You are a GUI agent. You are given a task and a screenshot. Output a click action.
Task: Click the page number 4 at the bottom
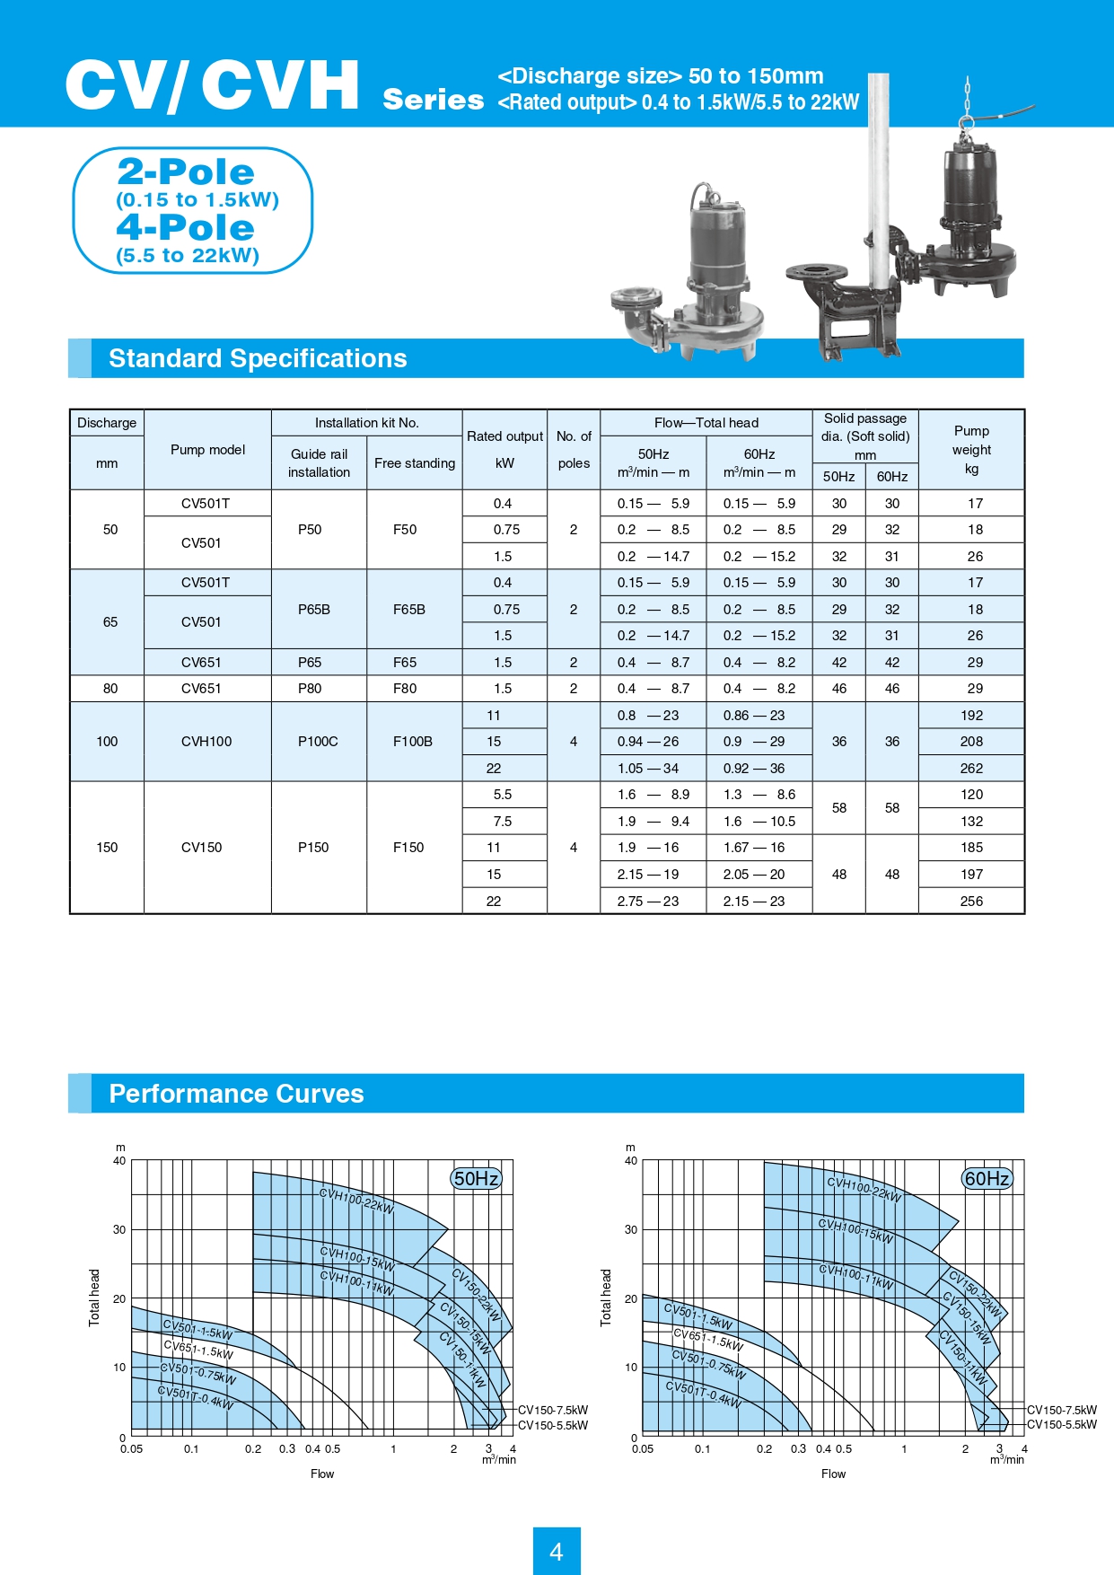point(556,1551)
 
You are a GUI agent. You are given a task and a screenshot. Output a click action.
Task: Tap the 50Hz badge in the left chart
point(476,1178)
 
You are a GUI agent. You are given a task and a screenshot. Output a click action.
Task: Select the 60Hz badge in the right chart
point(987,1178)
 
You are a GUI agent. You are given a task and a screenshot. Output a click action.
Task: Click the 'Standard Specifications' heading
point(258,358)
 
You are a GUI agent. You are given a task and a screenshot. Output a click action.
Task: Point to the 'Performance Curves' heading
point(236,1094)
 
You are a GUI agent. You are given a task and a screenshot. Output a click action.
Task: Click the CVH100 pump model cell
point(206,742)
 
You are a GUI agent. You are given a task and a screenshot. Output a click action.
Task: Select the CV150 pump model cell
point(202,848)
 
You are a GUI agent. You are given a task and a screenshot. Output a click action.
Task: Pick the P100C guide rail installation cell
point(318,742)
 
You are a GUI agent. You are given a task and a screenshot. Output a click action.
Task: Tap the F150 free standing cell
point(408,848)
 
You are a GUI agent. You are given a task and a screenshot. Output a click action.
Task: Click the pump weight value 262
point(971,769)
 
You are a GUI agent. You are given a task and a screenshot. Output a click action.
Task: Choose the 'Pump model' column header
point(207,449)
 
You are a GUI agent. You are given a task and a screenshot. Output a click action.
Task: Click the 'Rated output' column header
point(504,436)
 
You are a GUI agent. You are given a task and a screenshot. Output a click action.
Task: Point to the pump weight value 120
point(971,795)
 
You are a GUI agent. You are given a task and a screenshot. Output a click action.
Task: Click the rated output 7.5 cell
point(503,822)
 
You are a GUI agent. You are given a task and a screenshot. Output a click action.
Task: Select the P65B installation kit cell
point(314,610)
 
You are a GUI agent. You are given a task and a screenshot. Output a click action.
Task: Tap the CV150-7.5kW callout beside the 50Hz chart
point(553,1410)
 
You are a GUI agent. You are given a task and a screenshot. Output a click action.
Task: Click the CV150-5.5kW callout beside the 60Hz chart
point(1062,1425)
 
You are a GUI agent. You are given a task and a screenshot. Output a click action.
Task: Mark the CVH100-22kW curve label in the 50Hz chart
point(356,1201)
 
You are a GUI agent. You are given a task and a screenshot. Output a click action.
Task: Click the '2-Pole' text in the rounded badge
point(186,172)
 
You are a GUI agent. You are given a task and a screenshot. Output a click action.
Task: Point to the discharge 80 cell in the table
point(110,689)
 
